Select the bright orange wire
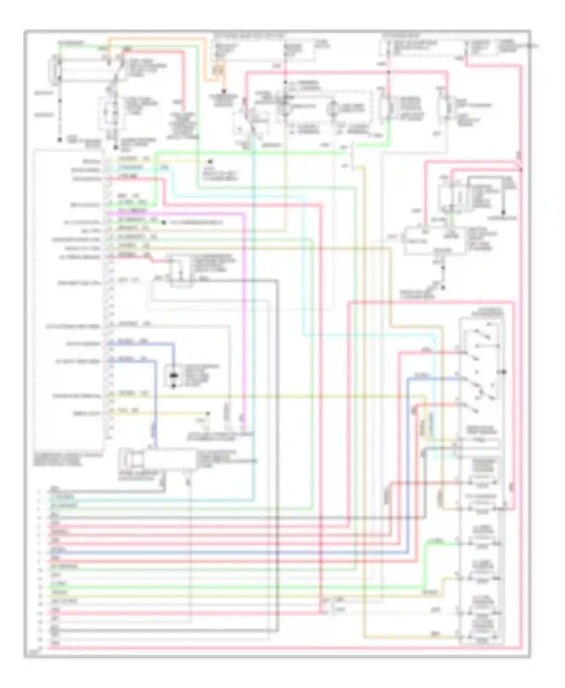(x=205, y=60)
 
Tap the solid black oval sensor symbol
(x=174, y=376)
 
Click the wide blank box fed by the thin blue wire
(x=169, y=459)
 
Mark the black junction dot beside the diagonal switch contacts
(x=504, y=372)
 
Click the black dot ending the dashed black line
(x=59, y=140)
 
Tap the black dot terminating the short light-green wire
(x=163, y=222)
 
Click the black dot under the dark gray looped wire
(x=443, y=288)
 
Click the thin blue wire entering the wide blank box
(x=155, y=414)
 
